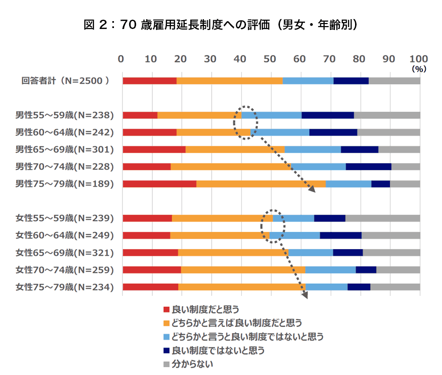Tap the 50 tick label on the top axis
click(271, 59)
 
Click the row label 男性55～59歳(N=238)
click(64, 115)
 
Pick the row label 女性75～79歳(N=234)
click(64, 287)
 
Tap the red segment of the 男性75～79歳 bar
click(159, 184)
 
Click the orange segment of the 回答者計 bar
click(229, 81)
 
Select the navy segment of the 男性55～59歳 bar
click(328, 115)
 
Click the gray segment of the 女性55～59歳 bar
click(383, 218)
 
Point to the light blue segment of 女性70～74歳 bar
click(331, 270)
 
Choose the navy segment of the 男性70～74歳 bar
click(368, 167)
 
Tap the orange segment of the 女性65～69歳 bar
click(233, 253)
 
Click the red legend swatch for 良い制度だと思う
click(166, 310)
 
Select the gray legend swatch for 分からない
click(166, 365)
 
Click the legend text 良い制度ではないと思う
click(218, 351)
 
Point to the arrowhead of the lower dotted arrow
click(306, 296)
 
